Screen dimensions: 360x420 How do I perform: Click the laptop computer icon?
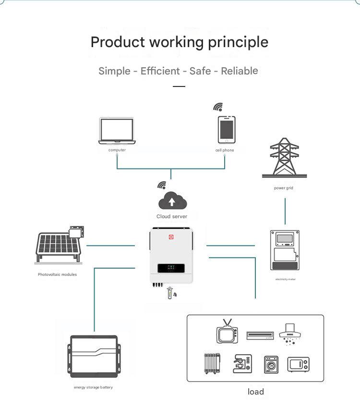tap(117, 131)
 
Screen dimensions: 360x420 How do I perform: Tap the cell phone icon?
tap(227, 130)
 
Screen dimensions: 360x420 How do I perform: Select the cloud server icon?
tap(172, 200)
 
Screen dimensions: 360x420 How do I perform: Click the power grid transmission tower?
tap(284, 158)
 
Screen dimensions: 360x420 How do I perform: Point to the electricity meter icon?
tap(285, 250)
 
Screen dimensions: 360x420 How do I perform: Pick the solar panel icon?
tap(60, 245)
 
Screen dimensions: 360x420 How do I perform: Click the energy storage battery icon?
tap(94, 357)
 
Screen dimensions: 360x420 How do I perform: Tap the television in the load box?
tap(227, 332)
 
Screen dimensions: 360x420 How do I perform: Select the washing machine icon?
tap(271, 365)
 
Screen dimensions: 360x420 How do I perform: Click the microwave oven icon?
tap(298, 364)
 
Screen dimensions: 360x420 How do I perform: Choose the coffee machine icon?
tap(242, 363)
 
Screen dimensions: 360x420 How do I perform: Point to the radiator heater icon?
tap(212, 363)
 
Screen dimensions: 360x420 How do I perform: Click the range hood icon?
tap(290, 334)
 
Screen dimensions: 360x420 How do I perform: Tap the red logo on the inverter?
tap(171, 237)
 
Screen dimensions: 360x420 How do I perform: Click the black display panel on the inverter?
tap(171, 268)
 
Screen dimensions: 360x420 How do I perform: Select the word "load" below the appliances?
tap(256, 392)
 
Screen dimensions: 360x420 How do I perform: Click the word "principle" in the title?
tap(238, 43)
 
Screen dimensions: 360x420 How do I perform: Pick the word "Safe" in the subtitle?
tap(200, 71)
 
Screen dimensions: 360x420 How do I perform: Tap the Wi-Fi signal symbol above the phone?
tap(218, 107)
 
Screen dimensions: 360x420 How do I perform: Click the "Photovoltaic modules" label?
tap(57, 274)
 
